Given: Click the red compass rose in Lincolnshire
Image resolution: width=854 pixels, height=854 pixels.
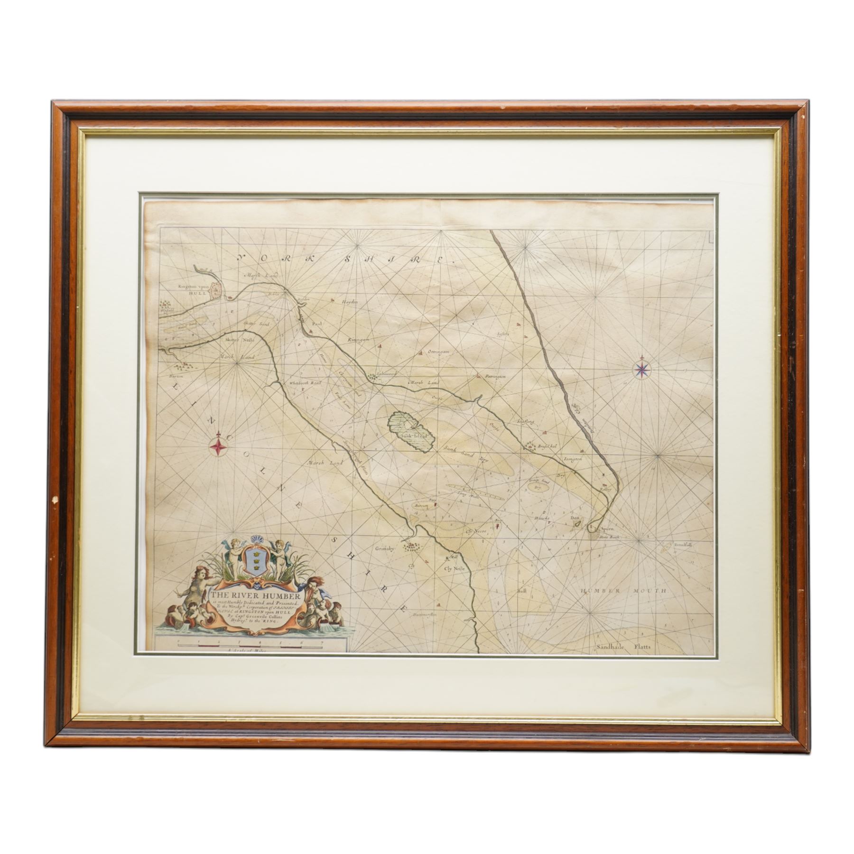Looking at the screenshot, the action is pyautogui.click(x=218, y=445).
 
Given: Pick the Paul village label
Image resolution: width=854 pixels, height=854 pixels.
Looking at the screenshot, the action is pyautogui.click(x=316, y=323).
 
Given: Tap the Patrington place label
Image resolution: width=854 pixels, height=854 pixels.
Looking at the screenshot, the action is pyautogui.click(x=496, y=376).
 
